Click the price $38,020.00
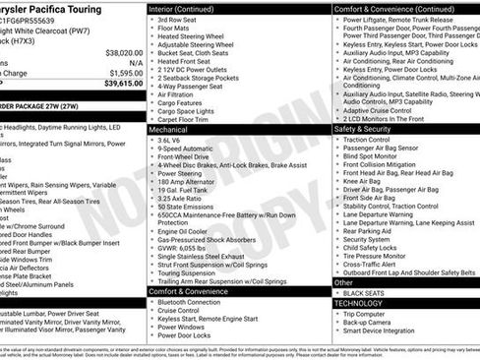pyautogui.click(x=123, y=51)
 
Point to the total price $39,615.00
pyautogui.click(x=123, y=84)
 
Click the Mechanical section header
pyautogui.click(x=168, y=129)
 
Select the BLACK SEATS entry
pyautogui.click(x=365, y=294)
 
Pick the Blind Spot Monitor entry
pyautogui.click(x=370, y=156)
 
